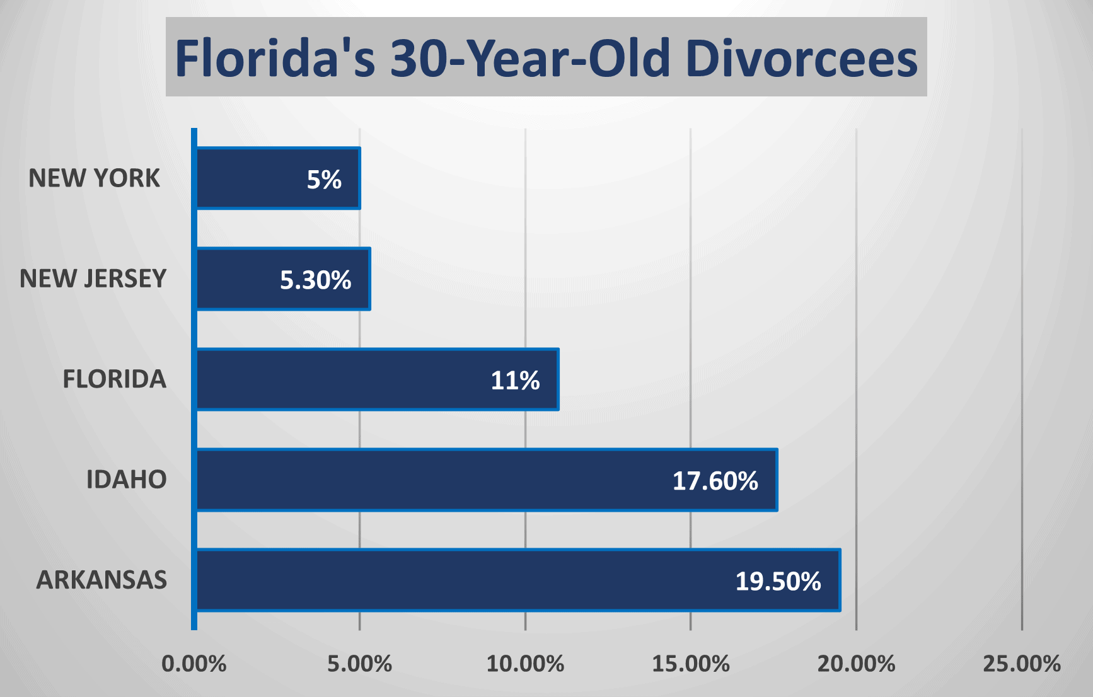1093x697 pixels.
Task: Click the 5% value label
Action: click(324, 180)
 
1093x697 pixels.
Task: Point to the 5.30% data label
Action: click(315, 280)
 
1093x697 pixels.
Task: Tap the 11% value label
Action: click(515, 381)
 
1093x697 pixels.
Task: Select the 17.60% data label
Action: click(715, 481)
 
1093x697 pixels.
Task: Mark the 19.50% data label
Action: click(778, 582)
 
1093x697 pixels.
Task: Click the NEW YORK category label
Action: click(95, 178)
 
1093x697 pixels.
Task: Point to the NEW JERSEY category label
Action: click(93, 279)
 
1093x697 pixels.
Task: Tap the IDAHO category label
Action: click(126, 480)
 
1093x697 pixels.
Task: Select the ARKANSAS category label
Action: click(101, 580)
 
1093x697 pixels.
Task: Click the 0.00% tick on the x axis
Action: click(194, 664)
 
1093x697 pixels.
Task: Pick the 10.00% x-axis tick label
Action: click(525, 664)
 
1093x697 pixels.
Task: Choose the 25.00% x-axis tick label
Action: click(1022, 664)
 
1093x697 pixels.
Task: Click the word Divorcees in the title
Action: click(801, 59)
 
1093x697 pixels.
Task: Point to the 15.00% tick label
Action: click(691, 664)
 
